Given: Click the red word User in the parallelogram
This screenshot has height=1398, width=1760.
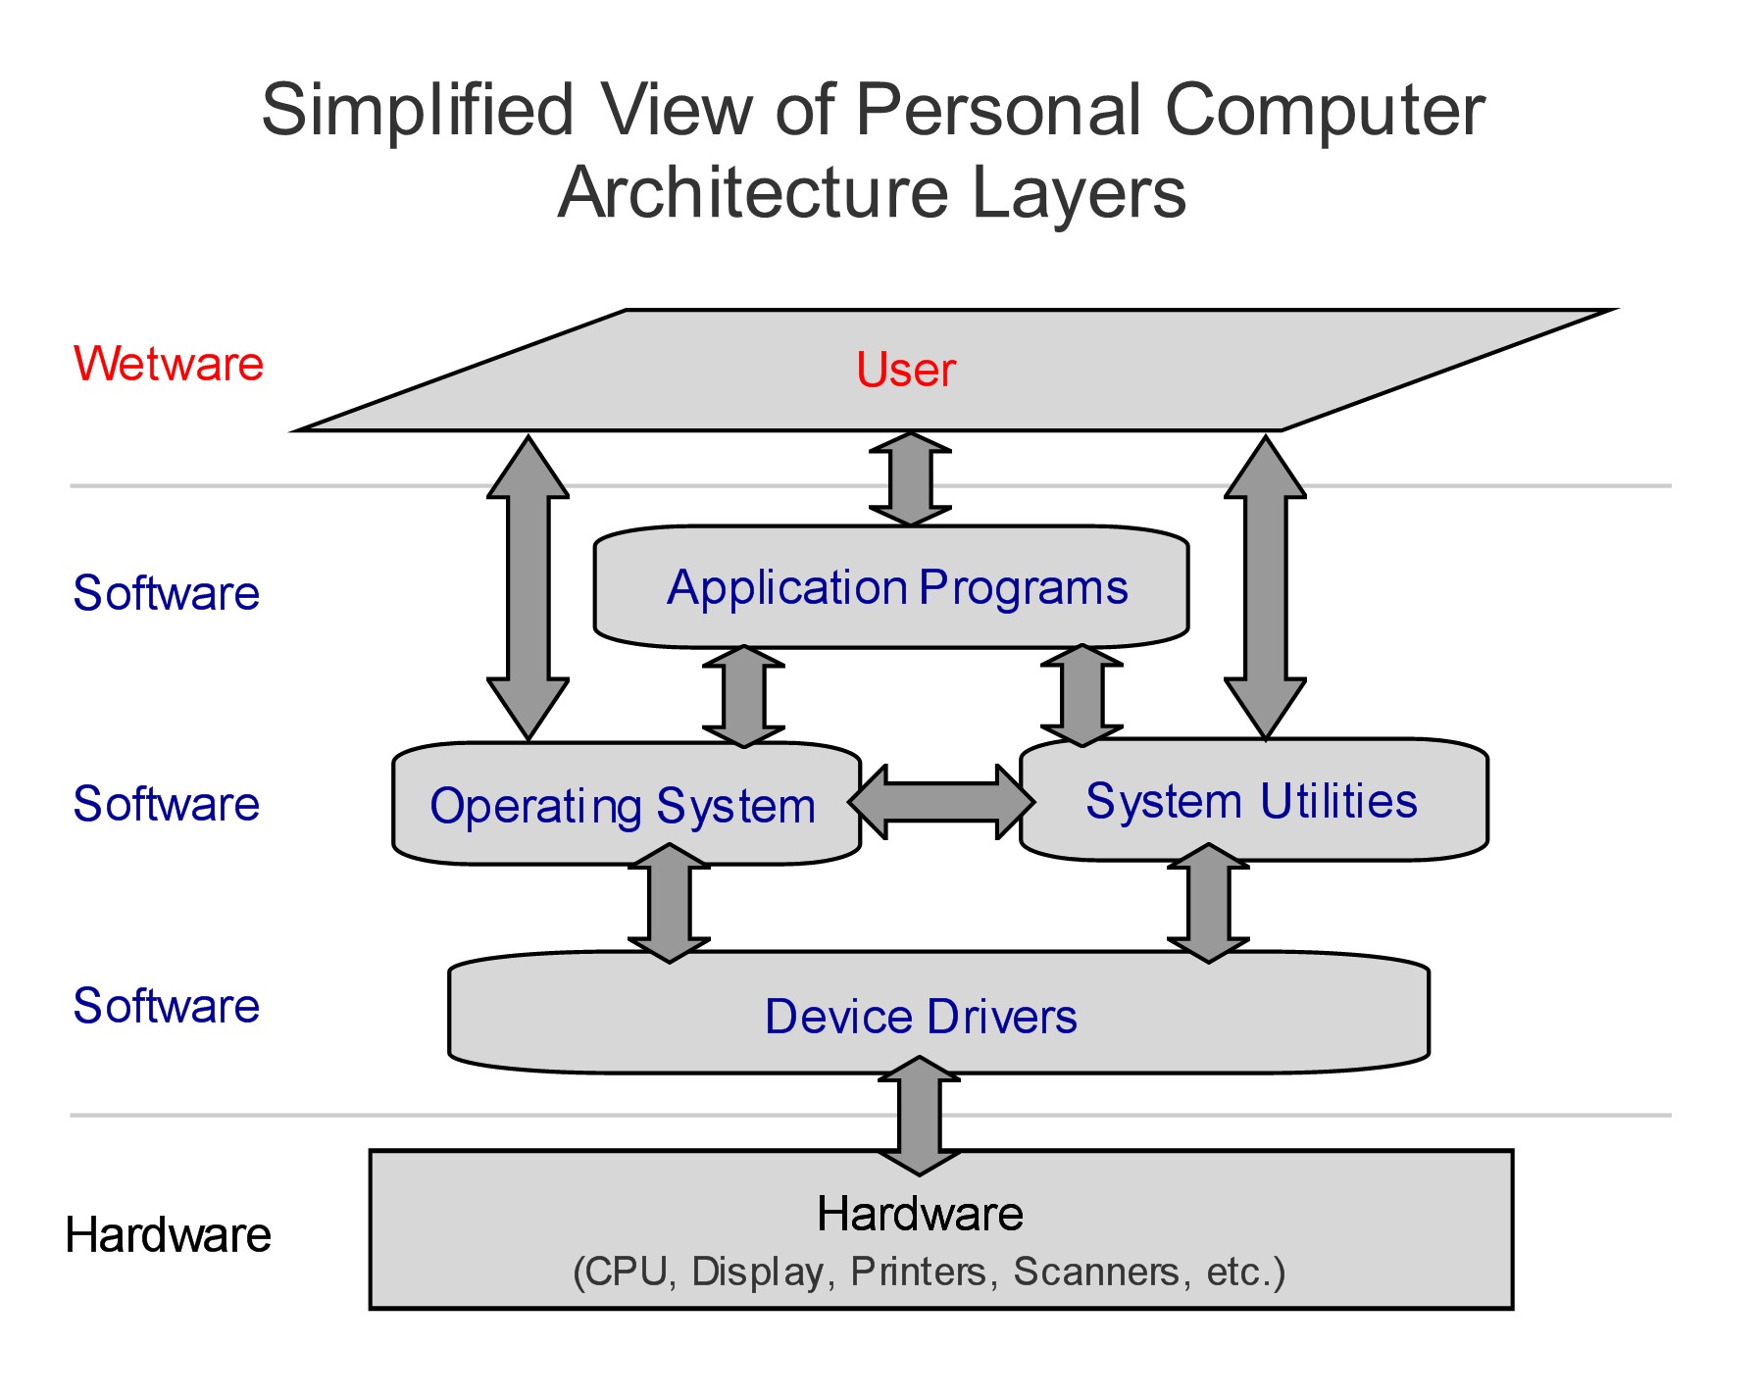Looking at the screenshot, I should (x=905, y=370).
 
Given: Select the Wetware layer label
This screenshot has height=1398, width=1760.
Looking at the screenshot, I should (x=169, y=364).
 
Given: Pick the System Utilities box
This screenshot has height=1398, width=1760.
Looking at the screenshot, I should (x=1252, y=801).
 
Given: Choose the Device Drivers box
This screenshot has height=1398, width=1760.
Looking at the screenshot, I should (x=921, y=1016).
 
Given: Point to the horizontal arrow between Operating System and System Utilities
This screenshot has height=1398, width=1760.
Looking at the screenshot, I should (x=940, y=802).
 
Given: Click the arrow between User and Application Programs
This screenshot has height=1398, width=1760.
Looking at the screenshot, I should (x=910, y=479).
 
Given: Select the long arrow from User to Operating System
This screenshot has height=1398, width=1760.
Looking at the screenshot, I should (x=528, y=588).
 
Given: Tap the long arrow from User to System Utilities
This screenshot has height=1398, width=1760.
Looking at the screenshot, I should (x=1265, y=588).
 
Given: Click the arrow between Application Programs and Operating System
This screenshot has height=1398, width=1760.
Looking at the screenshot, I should (x=743, y=696).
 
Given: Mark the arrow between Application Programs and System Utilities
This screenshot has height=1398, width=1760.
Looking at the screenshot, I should (x=1081, y=696).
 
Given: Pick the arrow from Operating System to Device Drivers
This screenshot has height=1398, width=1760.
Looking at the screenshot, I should (x=669, y=903).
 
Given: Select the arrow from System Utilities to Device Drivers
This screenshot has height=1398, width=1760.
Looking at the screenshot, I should (x=1208, y=903).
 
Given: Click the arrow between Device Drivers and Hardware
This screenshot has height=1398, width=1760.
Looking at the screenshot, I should (x=919, y=1116).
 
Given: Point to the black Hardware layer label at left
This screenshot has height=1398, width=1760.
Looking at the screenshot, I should (x=168, y=1235).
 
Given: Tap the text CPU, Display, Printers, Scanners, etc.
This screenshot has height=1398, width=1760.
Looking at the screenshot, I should (x=929, y=1272).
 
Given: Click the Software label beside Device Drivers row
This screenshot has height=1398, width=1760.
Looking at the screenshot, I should (x=167, y=1006).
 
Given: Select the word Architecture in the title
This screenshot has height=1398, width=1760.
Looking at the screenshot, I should (x=753, y=192).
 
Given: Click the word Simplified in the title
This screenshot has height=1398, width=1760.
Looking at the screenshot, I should (x=417, y=110).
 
